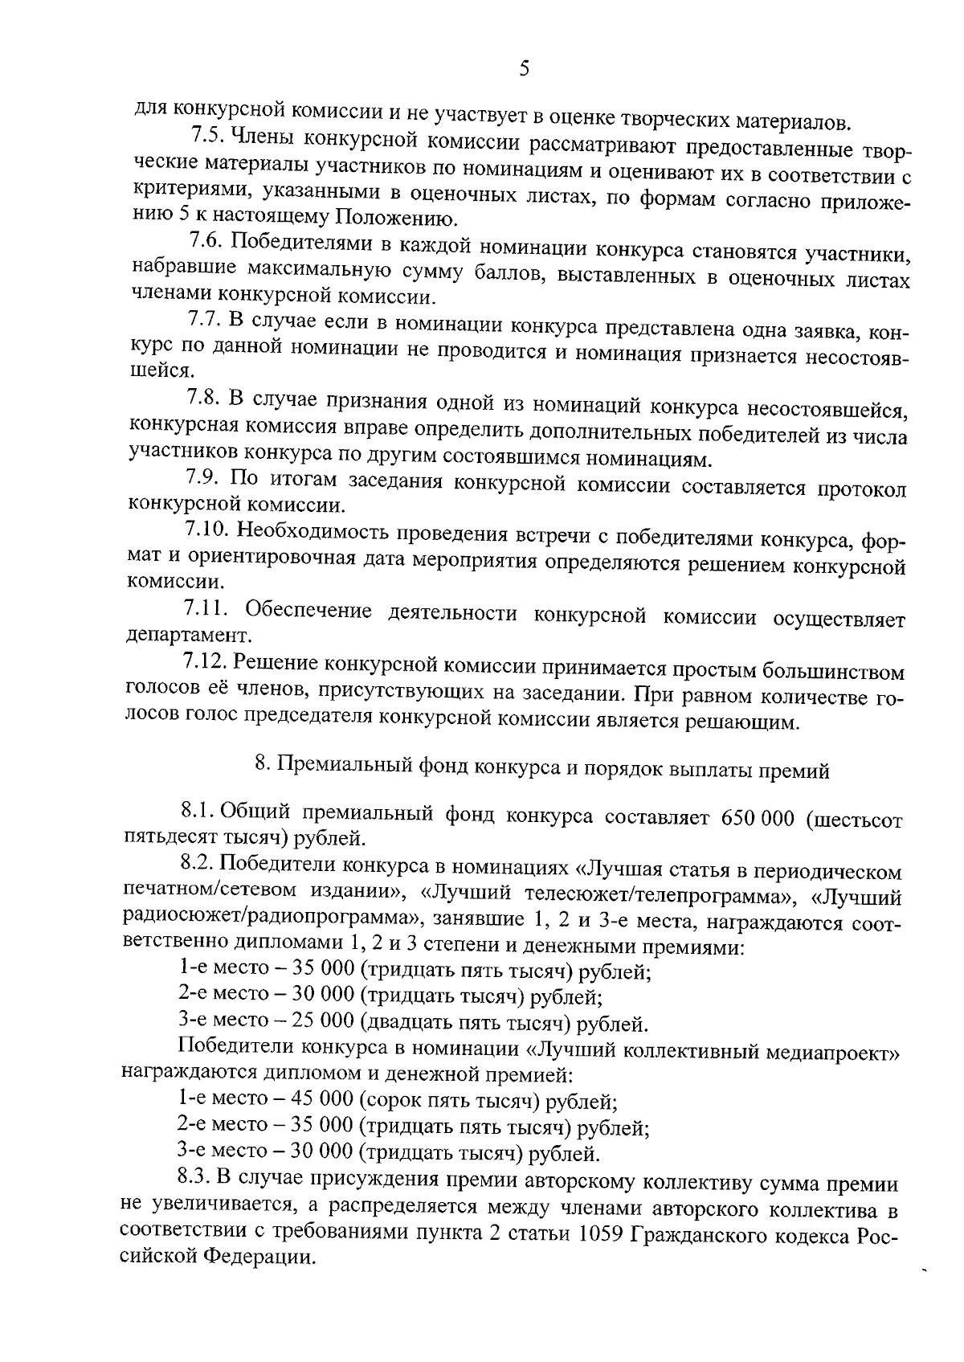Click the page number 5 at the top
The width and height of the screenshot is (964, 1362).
[524, 68]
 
